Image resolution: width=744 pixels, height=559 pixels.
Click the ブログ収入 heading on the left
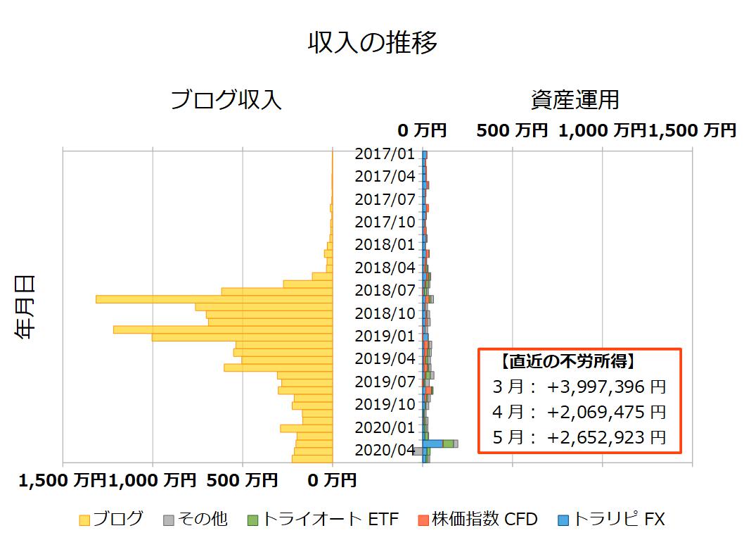(226, 101)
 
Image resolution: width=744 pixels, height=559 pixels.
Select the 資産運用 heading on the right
(575, 101)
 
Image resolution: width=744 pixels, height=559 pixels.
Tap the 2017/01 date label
(385, 153)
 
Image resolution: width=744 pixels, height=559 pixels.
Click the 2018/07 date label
(385, 290)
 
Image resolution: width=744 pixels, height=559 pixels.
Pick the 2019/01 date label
(385, 336)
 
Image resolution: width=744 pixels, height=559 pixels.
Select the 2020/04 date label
(385, 450)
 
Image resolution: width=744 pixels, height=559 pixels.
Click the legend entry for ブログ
(111, 520)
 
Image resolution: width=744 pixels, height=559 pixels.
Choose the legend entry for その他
(195, 520)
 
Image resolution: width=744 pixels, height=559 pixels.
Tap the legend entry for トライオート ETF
(323, 520)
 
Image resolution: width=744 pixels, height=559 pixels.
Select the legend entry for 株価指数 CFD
(477, 520)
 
